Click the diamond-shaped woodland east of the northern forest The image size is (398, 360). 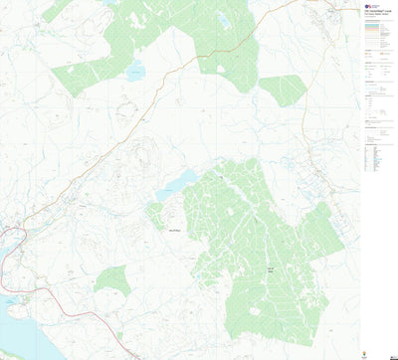[284, 90]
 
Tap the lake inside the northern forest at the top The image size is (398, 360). [223, 20]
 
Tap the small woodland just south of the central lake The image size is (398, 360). [156, 214]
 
